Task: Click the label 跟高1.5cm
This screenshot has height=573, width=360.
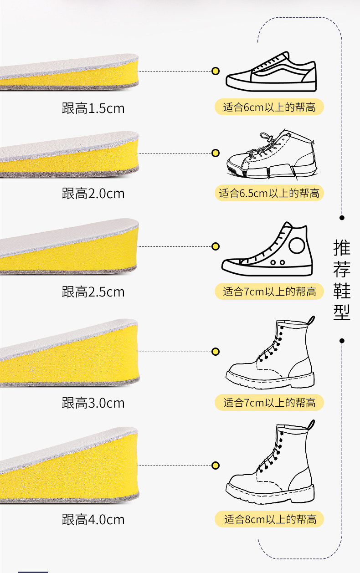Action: (x=93, y=108)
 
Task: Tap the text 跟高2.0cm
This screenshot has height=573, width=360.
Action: (x=93, y=193)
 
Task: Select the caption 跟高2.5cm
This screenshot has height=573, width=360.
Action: (x=93, y=292)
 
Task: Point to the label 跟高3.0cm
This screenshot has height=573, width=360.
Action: (x=93, y=403)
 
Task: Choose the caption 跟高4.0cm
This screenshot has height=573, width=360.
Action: (x=93, y=519)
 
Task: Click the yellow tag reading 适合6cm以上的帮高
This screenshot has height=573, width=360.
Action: (x=269, y=107)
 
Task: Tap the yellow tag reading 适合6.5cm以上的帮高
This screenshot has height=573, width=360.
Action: (x=269, y=193)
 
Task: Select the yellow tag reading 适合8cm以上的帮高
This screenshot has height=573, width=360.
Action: (x=269, y=519)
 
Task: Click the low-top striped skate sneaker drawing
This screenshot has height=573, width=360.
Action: (x=271, y=72)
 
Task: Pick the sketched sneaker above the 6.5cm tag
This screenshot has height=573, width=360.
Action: (x=271, y=155)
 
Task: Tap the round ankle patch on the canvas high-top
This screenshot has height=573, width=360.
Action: (x=297, y=246)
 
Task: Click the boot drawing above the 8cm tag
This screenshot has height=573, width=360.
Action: (x=270, y=465)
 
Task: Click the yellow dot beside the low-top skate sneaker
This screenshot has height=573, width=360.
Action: (x=216, y=71)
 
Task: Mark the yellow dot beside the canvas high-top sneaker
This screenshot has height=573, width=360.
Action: (x=216, y=246)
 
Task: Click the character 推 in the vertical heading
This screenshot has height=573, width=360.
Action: (x=342, y=248)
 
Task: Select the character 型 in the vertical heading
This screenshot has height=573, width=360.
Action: (x=342, y=312)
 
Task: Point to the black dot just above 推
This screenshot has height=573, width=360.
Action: (x=342, y=218)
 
